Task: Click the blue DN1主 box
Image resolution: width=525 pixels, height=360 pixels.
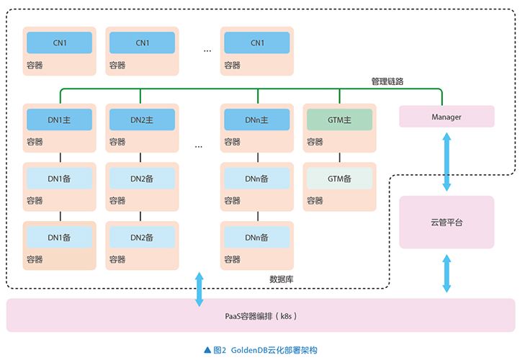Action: click(x=60, y=120)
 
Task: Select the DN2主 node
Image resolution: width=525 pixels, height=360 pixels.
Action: click(x=141, y=120)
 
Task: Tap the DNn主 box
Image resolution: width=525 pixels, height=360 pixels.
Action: click(x=256, y=120)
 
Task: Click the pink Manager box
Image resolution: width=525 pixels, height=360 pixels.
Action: click(x=447, y=117)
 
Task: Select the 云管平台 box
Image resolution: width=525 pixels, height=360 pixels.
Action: click(x=447, y=222)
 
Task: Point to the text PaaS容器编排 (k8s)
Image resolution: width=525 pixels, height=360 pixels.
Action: click(x=260, y=315)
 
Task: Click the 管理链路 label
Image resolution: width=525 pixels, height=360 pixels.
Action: click(x=387, y=81)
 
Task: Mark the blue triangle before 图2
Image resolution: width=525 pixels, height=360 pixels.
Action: click(x=208, y=350)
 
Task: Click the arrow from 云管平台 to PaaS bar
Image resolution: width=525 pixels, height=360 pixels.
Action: click(x=447, y=274)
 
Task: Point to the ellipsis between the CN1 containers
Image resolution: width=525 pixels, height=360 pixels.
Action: click(x=207, y=50)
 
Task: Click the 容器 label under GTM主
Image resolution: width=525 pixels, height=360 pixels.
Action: click(x=315, y=142)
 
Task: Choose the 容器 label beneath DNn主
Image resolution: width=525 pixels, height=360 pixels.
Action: click(x=232, y=142)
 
